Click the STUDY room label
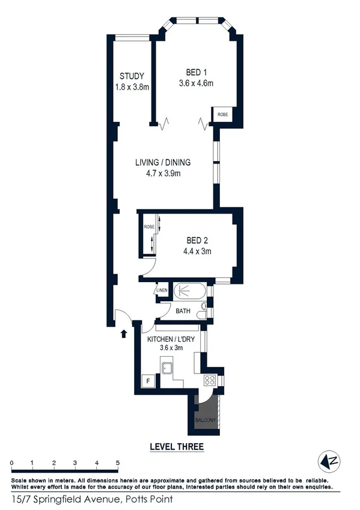pyautogui.click(x=132, y=76)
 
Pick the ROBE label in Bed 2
pyautogui.click(x=148, y=227)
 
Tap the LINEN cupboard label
pyautogui.click(x=162, y=291)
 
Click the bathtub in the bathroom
pyautogui.click(x=190, y=293)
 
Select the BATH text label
pyautogui.click(x=183, y=311)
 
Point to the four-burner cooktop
pyautogui.click(x=211, y=380)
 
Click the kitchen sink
pyautogui.click(x=166, y=368)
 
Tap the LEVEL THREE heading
pyautogui.click(x=175, y=447)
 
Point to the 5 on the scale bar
pyautogui.click(x=118, y=462)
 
